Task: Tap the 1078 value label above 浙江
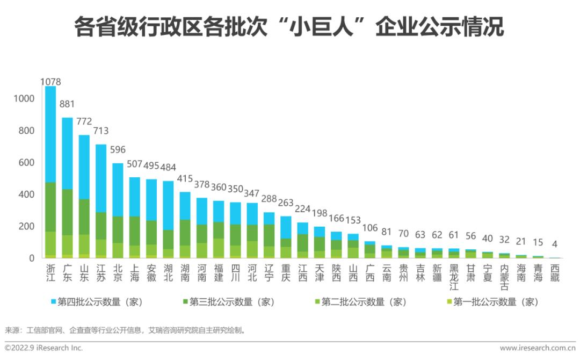51,82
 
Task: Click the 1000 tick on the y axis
25,99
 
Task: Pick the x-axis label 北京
118,272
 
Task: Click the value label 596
118,150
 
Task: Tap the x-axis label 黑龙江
454,276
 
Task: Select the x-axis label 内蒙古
504,276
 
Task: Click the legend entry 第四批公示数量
97,302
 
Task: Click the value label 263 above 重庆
286,203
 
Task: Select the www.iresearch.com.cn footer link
537,348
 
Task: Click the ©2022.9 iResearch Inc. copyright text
44,348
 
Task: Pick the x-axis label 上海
134,272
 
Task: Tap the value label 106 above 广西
369,228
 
